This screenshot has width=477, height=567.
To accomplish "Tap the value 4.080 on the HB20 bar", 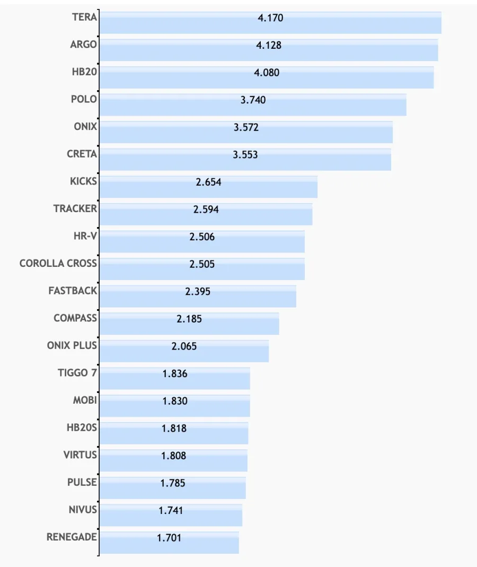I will pyautogui.click(x=267, y=73).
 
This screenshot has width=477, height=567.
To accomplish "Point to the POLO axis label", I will pyautogui.click(x=84, y=99).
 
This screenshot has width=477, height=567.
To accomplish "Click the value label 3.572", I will pyautogui.click(x=246, y=127).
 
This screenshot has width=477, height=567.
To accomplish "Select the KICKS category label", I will pyautogui.click(x=83, y=181).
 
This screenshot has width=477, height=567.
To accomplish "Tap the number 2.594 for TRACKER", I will pyautogui.click(x=206, y=210).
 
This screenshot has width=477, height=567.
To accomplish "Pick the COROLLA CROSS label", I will pyautogui.click(x=58, y=264).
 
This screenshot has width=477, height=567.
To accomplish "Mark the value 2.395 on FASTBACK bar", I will pyautogui.click(x=198, y=291).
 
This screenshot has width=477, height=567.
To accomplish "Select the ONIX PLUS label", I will pyautogui.click(x=72, y=346).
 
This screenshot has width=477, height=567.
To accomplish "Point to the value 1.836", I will pyautogui.click(x=175, y=373).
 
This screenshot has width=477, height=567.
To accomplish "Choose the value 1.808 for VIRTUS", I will pyautogui.click(x=174, y=456).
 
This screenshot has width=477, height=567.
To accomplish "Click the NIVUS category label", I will pyautogui.click(x=83, y=510).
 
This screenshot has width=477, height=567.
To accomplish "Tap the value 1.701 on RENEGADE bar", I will pyautogui.click(x=169, y=538).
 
